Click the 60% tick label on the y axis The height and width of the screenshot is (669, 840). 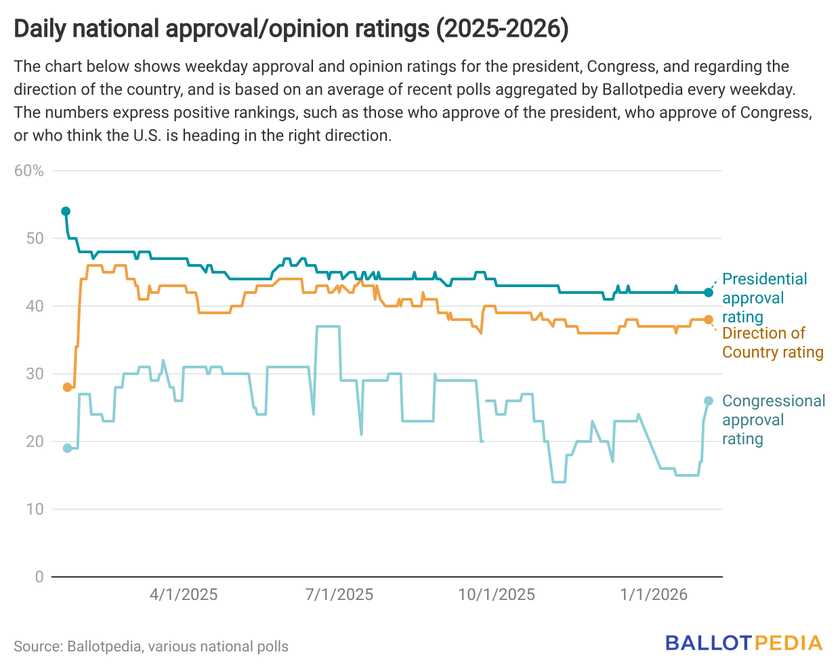click(29, 171)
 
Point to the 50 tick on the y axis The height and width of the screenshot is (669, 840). click(35, 238)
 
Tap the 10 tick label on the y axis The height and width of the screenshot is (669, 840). click(35, 509)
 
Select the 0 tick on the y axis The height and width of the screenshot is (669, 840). click(39, 577)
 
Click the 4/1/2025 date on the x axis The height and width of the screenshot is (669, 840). click(184, 595)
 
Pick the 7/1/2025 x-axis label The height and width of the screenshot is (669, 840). click(339, 595)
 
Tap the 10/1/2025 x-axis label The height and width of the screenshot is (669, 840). click(497, 595)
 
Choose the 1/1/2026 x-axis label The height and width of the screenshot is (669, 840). click(654, 595)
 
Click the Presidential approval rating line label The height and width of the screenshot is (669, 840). click(764, 298)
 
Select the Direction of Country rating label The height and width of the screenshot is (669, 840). click(772, 343)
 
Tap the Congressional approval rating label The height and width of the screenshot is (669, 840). click(773, 420)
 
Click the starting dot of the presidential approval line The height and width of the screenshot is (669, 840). click(66, 211)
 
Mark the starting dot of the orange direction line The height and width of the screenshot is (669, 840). click(67, 387)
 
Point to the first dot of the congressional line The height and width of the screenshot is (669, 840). click(67, 448)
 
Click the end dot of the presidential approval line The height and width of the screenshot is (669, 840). click(709, 293)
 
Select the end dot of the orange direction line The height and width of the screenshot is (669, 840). click(709, 320)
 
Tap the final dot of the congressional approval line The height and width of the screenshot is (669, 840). click(709, 401)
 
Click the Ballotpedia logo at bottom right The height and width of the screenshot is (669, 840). click(744, 643)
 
